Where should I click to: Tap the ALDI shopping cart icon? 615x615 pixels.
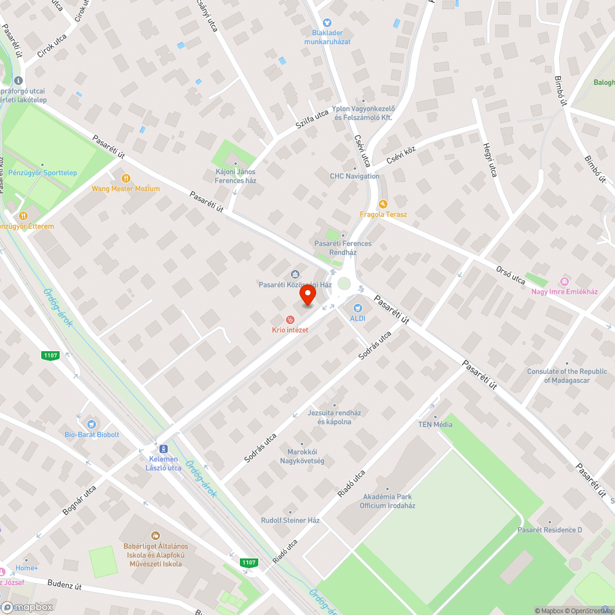click(x=357, y=307)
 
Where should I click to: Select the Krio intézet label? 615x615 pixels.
click(x=290, y=330)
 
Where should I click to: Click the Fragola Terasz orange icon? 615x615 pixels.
click(x=383, y=204)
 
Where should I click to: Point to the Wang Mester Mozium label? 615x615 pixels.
click(x=125, y=188)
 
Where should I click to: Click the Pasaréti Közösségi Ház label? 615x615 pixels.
click(x=295, y=285)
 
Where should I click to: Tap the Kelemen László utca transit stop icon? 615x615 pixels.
click(x=164, y=448)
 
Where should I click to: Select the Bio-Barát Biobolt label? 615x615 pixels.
click(x=92, y=434)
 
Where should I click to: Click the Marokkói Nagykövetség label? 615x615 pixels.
click(x=306, y=456)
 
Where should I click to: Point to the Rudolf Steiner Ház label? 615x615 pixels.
click(x=290, y=520)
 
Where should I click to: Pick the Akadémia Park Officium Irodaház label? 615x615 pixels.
click(x=387, y=501)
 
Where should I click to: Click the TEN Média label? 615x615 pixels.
click(x=435, y=424)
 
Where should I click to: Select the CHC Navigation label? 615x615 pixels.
click(x=354, y=176)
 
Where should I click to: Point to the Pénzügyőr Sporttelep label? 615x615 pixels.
click(x=42, y=173)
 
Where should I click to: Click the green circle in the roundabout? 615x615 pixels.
click(x=344, y=284)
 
